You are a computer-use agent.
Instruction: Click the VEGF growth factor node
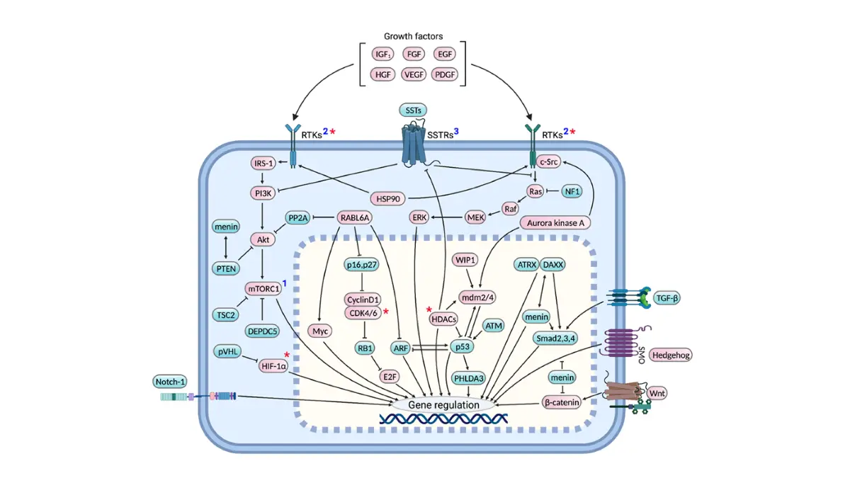tap(414, 75)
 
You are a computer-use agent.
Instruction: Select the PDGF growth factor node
tap(445, 75)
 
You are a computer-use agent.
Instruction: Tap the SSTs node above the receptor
tap(413, 110)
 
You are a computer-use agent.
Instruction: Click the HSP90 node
tap(388, 199)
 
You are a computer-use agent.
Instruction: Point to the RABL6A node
tap(355, 218)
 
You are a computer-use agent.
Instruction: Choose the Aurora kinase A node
tap(555, 223)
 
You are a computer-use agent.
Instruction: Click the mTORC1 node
tap(263, 289)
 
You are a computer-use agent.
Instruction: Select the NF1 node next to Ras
tap(572, 192)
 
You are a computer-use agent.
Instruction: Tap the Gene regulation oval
tap(443, 405)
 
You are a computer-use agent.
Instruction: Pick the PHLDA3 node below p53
tap(469, 378)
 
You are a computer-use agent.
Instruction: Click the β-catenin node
tap(562, 402)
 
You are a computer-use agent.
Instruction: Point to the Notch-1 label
tap(170, 382)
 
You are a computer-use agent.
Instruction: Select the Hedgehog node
tap(671, 355)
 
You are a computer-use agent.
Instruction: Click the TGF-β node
tap(667, 298)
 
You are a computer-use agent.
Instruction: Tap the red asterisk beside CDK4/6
tap(386, 312)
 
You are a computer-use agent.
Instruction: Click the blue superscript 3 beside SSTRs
tap(456, 131)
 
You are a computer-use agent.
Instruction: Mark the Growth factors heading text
tap(413, 36)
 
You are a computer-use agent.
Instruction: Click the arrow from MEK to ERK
tap(447, 217)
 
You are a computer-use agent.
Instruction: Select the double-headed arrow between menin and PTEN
tap(226, 247)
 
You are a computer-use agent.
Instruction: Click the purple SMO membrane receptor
tap(620, 343)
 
